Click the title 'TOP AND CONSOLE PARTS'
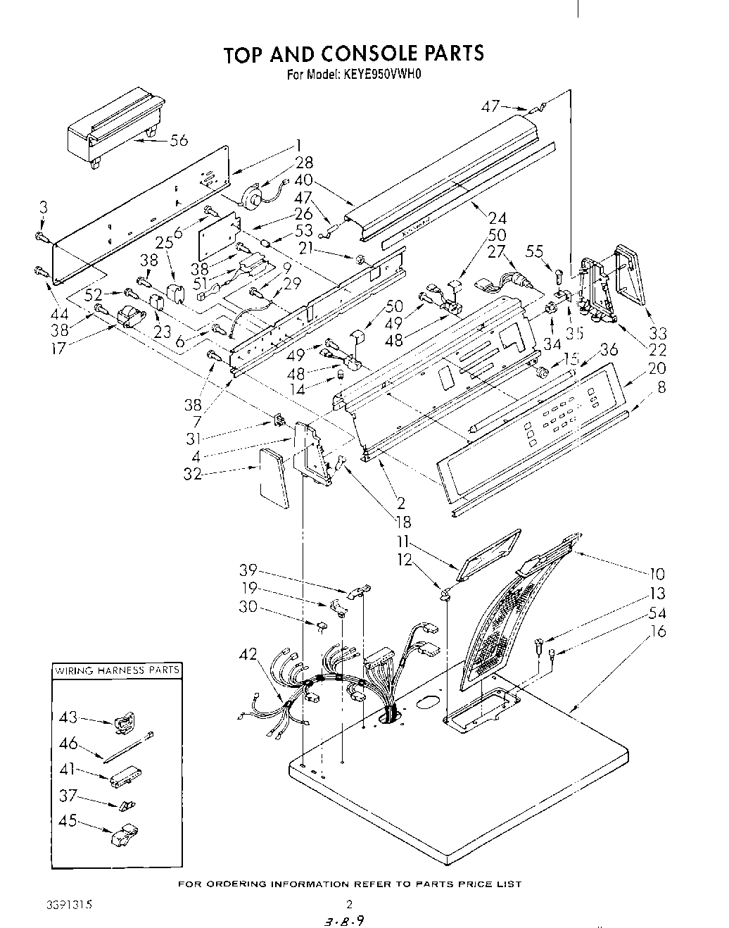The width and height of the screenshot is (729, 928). pyautogui.click(x=353, y=54)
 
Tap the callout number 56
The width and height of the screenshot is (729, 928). pyautogui.click(x=179, y=140)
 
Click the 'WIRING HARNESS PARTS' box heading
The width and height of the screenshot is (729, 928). pyautogui.click(x=117, y=670)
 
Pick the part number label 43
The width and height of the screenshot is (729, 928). pyautogui.click(x=69, y=717)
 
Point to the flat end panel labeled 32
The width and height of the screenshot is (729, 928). pyautogui.click(x=274, y=478)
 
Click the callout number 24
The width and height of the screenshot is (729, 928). pyautogui.click(x=497, y=218)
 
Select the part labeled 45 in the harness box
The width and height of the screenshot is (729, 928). pyautogui.click(x=122, y=835)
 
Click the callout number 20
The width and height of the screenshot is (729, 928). pyautogui.click(x=656, y=368)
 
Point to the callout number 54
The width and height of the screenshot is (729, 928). pyautogui.click(x=657, y=613)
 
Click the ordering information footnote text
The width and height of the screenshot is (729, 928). pyautogui.click(x=349, y=884)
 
